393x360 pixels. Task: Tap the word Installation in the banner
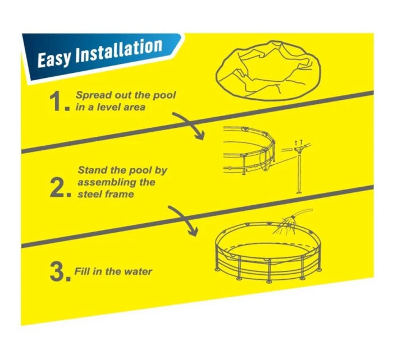(x=118, y=52)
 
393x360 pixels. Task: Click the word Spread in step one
(x=93, y=95)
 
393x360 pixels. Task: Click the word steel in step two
(x=88, y=194)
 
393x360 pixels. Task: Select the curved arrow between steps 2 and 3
(x=186, y=218)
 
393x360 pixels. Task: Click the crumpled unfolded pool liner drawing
(x=268, y=70)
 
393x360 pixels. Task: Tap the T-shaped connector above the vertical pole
(x=299, y=150)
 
